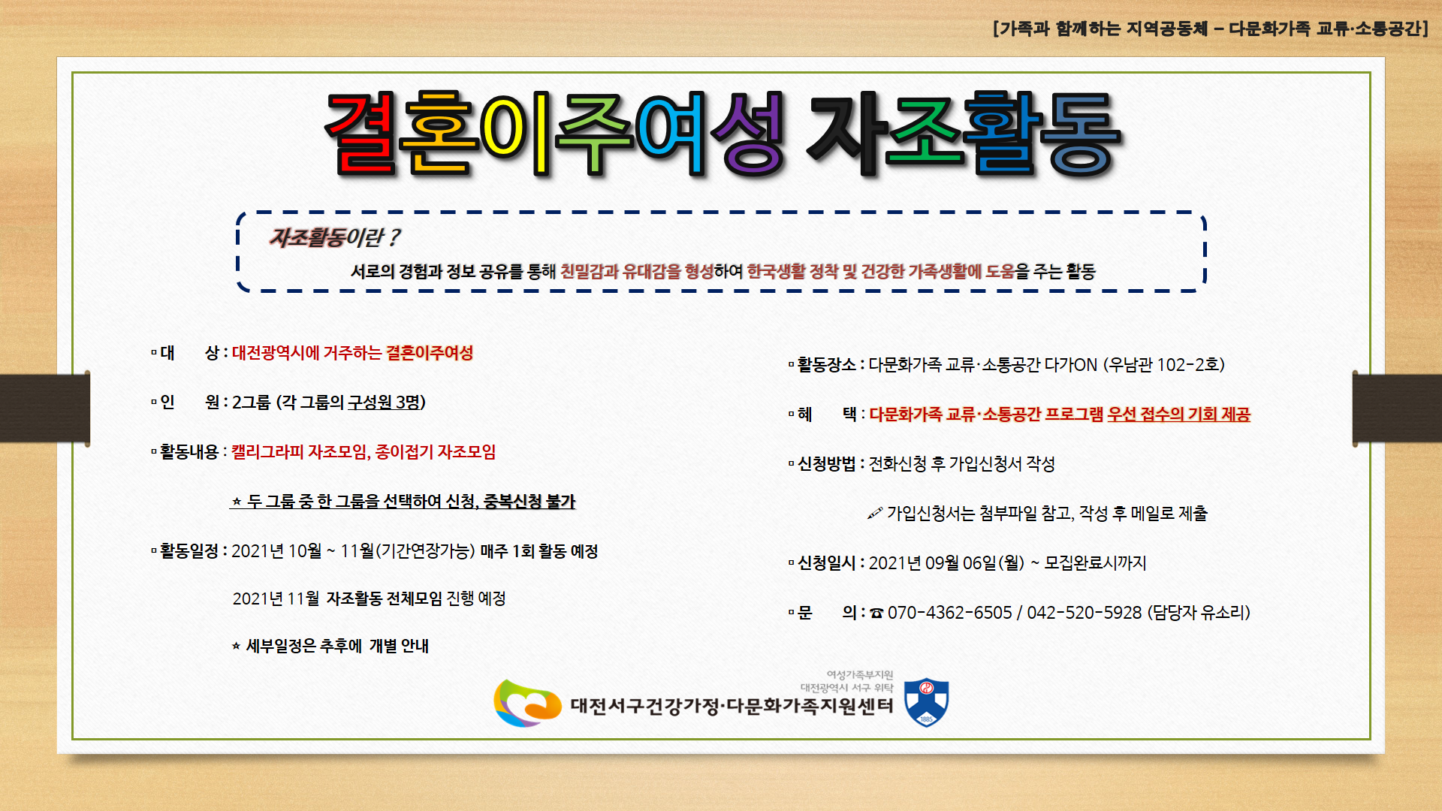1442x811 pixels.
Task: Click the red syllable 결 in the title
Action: pos(362,134)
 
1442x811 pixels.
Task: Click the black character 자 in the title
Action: pos(846,134)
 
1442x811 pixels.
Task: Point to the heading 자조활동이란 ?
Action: pos(334,237)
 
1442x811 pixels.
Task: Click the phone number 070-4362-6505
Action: pos(950,613)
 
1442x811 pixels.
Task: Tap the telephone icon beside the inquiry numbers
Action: pos(876,614)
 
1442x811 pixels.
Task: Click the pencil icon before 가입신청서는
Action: pos(875,514)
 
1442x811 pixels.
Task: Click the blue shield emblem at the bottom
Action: pos(926,702)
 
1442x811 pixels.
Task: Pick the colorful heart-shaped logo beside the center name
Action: pos(527,703)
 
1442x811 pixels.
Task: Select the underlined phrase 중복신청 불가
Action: pos(529,501)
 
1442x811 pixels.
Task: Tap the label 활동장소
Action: pos(826,365)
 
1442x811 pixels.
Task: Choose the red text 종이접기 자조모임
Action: pos(436,452)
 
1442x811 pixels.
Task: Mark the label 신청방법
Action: pos(826,464)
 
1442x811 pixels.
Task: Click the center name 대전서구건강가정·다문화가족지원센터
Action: pos(732,706)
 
